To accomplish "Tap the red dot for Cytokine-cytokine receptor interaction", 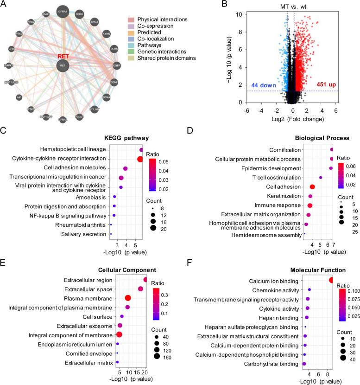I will click(140, 159).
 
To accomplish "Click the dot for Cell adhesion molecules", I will click(126, 168).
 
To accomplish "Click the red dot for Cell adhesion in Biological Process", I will click(312, 186).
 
